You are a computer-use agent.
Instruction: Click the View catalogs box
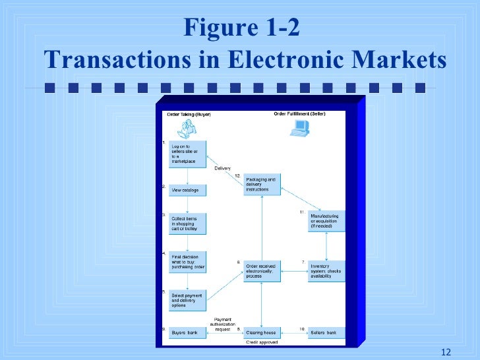pos(187,190)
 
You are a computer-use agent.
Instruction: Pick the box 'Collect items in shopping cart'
pos(187,223)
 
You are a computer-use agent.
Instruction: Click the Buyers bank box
pos(187,333)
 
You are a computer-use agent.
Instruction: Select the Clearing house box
pos(262,333)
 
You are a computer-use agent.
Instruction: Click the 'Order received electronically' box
pos(262,270)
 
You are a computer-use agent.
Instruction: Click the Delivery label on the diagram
pos(222,168)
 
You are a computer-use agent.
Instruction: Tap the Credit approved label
pos(261,343)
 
